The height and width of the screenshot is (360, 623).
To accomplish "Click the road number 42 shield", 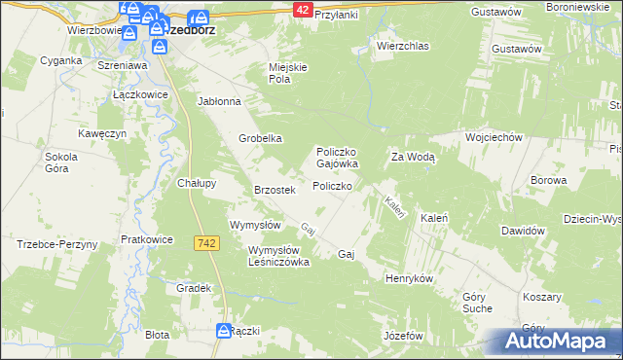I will click(x=302, y=9).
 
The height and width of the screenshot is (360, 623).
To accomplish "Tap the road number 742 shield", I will click(x=204, y=242).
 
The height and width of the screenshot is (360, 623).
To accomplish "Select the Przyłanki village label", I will click(x=337, y=16).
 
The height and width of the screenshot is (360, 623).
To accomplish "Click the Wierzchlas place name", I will click(x=402, y=46).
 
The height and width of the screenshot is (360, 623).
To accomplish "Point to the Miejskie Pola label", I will click(x=288, y=73).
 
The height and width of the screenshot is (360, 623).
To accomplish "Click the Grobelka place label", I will click(x=261, y=138).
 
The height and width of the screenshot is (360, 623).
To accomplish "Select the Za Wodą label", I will click(x=413, y=157).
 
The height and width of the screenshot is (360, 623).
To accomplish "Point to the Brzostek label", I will click(x=274, y=190).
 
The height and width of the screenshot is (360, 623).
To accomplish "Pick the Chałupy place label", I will click(x=197, y=182).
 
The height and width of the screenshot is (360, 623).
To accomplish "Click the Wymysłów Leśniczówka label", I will click(x=278, y=256).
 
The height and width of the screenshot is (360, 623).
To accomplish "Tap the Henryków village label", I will click(x=409, y=277).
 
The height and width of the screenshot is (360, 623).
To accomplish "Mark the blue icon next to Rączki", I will click(x=223, y=331).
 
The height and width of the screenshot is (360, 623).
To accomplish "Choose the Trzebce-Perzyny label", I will click(x=57, y=244).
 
